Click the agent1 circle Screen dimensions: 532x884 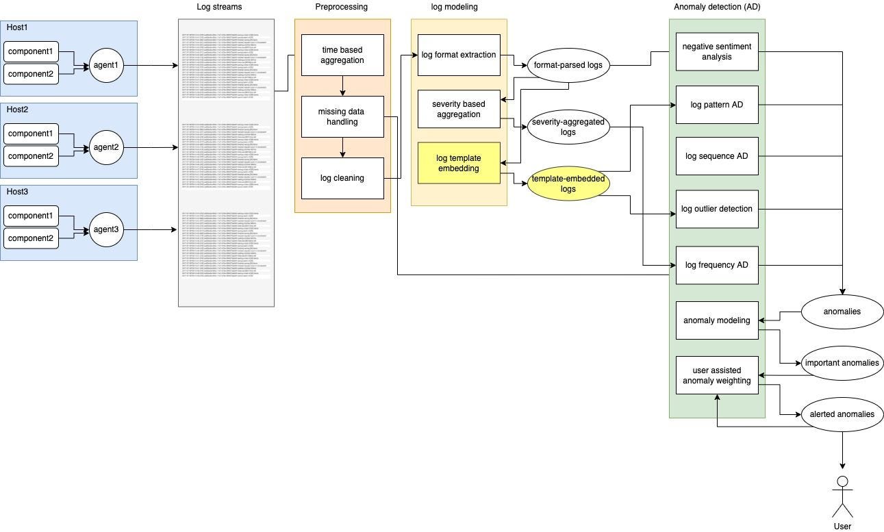pyautogui.click(x=106, y=66)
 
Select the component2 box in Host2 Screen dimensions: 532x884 pyautogui.click(x=31, y=156)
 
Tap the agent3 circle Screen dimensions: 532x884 pyautogui.click(x=106, y=229)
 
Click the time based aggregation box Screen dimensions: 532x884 pyautogui.click(x=342, y=55)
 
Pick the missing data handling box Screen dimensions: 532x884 pyautogui.click(x=342, y=116)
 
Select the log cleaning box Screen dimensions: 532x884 pyautogui.click(x=342, y=178)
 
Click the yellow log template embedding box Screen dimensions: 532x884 pyautogui.click(x=459, y=163)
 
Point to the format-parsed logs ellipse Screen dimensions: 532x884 pyautogui.click(x=568, y=66)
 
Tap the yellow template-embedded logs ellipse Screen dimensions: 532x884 pyautogui.click(x=568, y=183)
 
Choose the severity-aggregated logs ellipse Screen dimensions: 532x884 pyautogui.click(x=568, y=127)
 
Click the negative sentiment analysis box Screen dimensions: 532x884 pyautogui.click(x=716, y=51)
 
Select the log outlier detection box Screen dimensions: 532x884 pyautogui.click(x=716, y=209)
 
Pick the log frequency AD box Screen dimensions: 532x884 pyautogui.click(x=716, y=265)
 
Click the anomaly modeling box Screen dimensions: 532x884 pyautogui.click(x=716, y=320)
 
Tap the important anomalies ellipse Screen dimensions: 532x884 pyautogui.click(x=842, y=363)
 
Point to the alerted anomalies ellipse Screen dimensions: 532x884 pyautogui.click(x=842, y=414)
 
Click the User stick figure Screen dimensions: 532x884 pyautogui.click(x=842, y=496)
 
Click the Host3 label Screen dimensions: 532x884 pyautogui.click(x=18, y=192)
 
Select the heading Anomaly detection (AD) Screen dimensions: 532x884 pyautogui.click(x=716, y=7)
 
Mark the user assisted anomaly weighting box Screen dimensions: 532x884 pyautogui.click(x=716, y=375)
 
